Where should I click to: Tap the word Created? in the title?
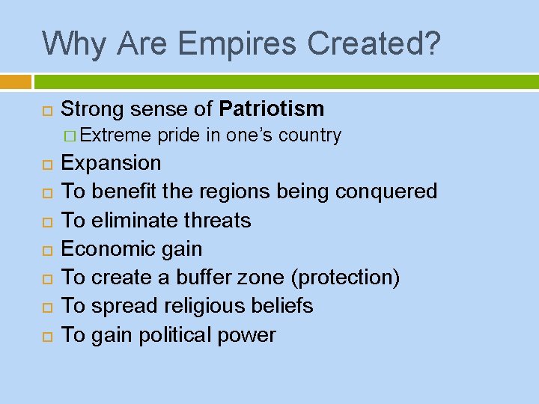point(371,43)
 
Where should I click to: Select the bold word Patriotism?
point(272,108)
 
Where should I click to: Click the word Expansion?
point(111,163)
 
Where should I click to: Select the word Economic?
point(108,249)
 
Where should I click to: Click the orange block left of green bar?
point(16,81)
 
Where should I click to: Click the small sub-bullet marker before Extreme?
point(70,136)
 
